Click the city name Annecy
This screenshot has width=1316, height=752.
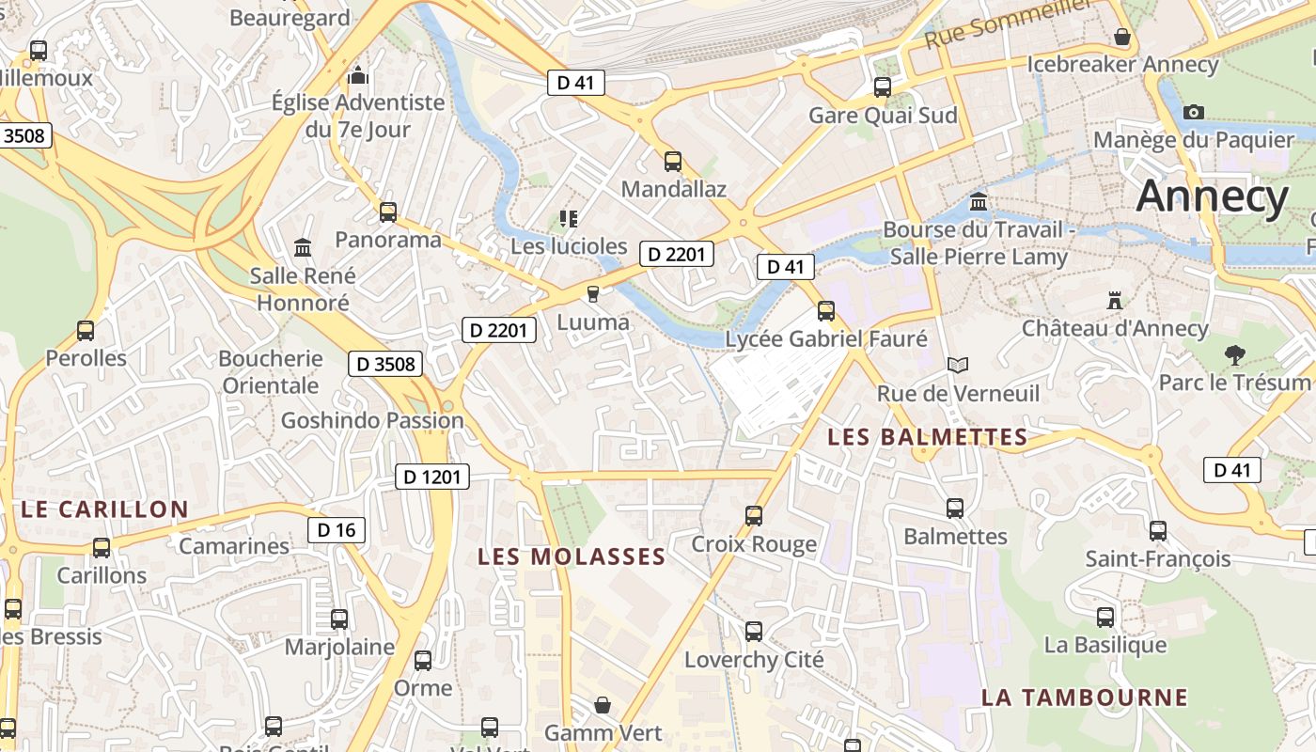pos(1212,197)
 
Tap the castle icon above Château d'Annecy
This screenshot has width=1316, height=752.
pos(1115,301)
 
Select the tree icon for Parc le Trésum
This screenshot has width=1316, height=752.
pos(1234,355)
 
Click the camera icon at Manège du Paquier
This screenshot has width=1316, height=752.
pos(1194,112)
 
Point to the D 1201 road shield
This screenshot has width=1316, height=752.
pos(431,477)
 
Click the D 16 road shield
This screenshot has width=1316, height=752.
pos(337,530)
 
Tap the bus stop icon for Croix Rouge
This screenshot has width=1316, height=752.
pos(754,515)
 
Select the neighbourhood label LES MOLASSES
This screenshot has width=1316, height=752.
pos(572,556)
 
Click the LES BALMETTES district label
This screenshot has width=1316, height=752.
pos(927,437)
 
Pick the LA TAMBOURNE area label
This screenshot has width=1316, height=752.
pos(1085,697)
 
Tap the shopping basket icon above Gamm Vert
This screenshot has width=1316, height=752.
pos(603,704)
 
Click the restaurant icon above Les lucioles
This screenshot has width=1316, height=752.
pos(568,219)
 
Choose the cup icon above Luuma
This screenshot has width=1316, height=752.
pos(592,294)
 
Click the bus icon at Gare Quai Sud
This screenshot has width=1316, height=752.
pos(883,87)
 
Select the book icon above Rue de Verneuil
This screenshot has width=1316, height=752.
pos(958,365)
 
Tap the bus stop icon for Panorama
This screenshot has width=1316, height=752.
pos(388,212)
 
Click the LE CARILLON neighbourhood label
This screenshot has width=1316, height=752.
pos(104,509)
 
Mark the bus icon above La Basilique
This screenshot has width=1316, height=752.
pos(1105,618)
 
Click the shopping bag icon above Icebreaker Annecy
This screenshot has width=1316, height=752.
pos(1121,37)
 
